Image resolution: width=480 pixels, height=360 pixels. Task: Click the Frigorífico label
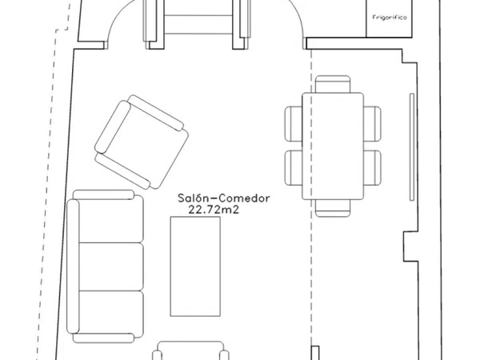(390, 18)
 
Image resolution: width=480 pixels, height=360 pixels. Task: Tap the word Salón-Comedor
(224, 198)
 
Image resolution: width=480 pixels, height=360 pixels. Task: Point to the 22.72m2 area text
(214, 210)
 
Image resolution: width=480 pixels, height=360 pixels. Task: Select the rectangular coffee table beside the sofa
(195, 266)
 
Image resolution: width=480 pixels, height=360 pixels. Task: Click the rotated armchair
(142, 142)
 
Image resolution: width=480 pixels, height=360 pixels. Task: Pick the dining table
(333, 146)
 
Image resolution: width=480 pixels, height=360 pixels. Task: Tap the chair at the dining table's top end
(333, 84)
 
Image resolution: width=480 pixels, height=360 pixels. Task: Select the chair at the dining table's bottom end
(333, 208)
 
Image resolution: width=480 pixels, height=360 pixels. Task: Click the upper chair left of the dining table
(294, 124)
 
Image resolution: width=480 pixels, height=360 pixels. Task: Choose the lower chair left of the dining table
(294, 168)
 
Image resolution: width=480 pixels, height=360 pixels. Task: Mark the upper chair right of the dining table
(373, 124)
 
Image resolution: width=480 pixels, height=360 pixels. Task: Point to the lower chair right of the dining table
(373, 168)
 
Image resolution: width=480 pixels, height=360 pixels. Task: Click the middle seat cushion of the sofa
(111, 266)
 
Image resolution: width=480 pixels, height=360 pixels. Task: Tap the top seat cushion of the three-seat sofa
(111, 219)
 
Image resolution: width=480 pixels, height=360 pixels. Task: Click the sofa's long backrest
(73, 266)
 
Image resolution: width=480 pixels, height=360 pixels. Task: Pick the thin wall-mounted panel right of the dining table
(412, 147)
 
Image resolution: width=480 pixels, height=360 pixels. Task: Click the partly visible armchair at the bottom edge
(190, 350)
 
